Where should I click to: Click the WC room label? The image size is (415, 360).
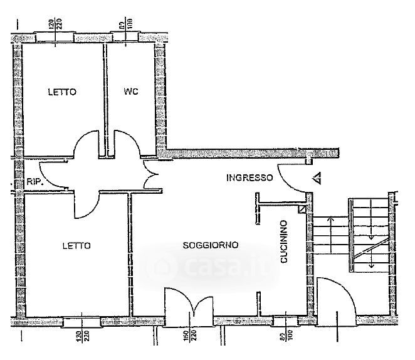[130, 92]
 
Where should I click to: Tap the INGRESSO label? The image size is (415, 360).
[250, 177]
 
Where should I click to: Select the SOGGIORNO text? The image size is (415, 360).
[211, 245]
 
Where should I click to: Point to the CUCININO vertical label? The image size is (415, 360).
[284, 241]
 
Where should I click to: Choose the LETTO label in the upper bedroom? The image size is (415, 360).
[62, 92]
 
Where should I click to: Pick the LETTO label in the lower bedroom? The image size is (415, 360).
[76, 245]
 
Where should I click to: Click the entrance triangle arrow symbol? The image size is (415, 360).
[317, 178]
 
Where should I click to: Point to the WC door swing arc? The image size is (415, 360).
[129, 144]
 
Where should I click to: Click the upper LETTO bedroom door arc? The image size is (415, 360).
[87, 144]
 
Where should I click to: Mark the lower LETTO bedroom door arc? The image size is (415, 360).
[87, 205]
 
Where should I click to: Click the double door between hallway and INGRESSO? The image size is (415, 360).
[151, 175]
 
